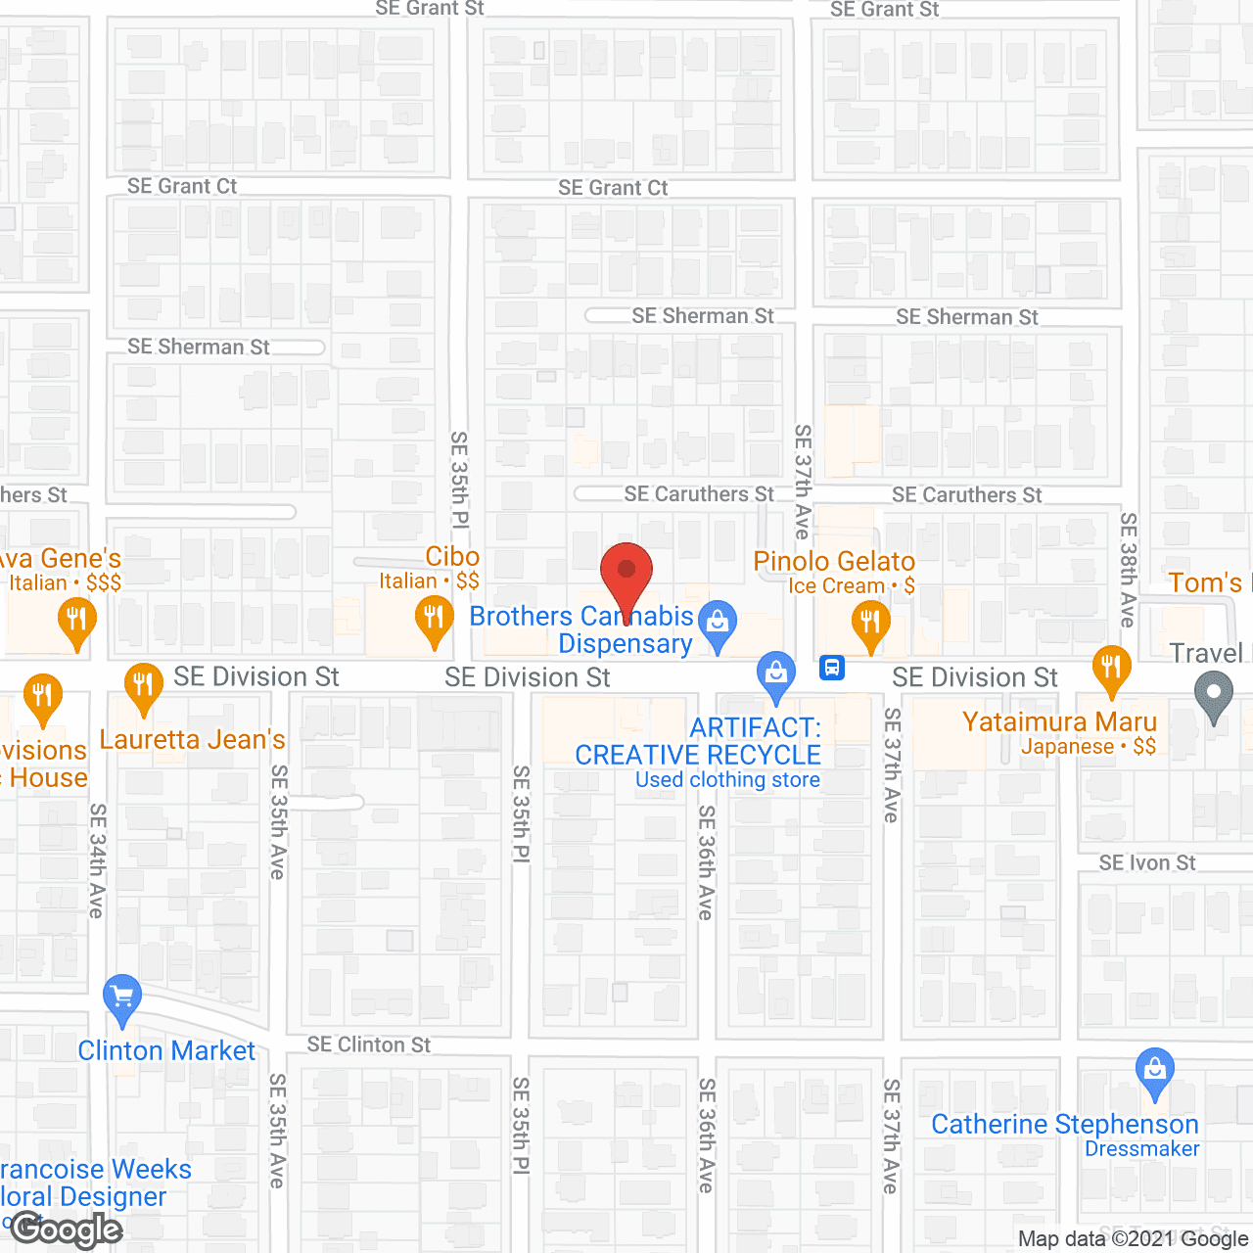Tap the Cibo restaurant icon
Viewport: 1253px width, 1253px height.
[x=434, y=620]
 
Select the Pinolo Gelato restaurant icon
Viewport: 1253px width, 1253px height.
[x=870, y=623]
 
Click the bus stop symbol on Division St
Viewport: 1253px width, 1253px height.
[x=832, y=669]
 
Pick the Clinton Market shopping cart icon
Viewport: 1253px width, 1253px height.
[x=122, y=998]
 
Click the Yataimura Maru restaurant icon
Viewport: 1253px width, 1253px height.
[x=1111, y=669]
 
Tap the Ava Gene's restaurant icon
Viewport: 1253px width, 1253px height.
[x=75, y=621]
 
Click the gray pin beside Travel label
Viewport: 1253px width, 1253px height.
[x=1214, y=696]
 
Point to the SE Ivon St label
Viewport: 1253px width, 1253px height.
[x=1146, y=862]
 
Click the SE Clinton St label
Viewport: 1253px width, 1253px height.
[x=368, y=1044]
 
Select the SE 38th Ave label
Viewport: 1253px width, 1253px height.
[x=1128, y=570]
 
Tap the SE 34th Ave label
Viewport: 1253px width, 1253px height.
[x=97, y=860]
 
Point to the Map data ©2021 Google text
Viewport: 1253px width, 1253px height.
[x=1133, y=1238]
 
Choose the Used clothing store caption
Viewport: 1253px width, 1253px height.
[x=727, y=780]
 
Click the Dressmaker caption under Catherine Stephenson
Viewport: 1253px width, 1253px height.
[x=1141, y=1149]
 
